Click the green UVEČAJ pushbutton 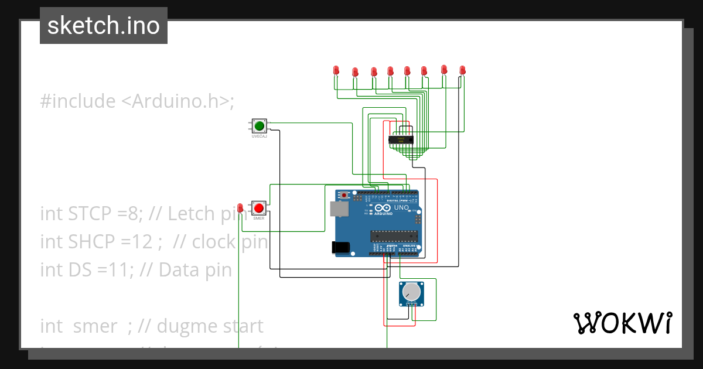[x=259, y=125]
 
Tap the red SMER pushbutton [x=259, y=208]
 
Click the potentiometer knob [x=412, y=291]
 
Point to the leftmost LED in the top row [x=336, y=70]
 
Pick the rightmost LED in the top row [x=462, y=70]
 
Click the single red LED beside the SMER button [x=240, y=207]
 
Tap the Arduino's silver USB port [x=339, y=210]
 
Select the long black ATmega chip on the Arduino [x=394, y=235]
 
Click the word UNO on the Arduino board [x=401, y=208]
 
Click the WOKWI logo [x=622, y=323]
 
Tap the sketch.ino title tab [x=104, y=26]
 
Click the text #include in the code [x=78, y=101]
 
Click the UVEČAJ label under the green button [x=259, y=136]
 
